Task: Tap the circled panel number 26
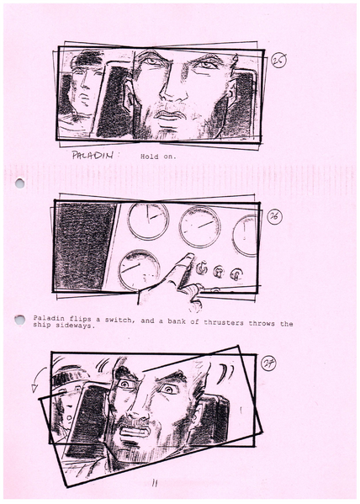tap(274, 216)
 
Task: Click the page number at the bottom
tap(154, 483)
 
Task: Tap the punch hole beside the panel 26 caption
tap(19, 321)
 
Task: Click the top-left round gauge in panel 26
tap(148, 220)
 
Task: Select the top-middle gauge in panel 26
tap(199, 225)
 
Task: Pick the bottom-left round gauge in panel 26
tap(139, 269)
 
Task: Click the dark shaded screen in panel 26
tap(84, 245)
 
